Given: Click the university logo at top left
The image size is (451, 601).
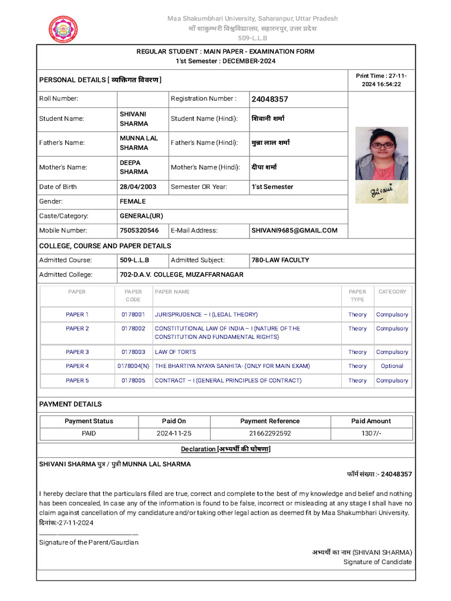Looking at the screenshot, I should pos(63,29).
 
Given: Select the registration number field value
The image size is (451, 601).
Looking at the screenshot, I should pos(270,99).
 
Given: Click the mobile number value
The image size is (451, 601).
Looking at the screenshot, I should pos(139,231).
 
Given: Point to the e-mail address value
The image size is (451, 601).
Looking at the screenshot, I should pos(294,231).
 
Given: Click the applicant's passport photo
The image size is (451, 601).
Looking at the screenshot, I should pos(381,153).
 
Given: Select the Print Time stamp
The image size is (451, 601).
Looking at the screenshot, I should pos(381,80).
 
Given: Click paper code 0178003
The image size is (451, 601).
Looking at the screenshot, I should pos(133,352).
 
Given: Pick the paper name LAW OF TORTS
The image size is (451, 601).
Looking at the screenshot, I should pos(175,352).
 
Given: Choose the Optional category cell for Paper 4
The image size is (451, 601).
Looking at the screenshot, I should pos(392,366).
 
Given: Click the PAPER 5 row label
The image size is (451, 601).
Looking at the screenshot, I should pos(77,380).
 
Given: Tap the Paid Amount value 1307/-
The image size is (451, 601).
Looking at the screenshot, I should pos(371,434).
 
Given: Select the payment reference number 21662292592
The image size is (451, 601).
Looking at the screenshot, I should pos(270,434).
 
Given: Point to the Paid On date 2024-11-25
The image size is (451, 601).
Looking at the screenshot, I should pos(174,434).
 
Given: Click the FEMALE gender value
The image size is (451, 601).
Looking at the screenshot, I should pos(133,201).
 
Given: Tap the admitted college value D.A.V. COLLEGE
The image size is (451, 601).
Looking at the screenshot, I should pos(181,275).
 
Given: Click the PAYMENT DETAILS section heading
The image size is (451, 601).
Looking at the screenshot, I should pos(70,404).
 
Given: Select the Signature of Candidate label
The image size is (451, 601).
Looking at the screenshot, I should pos(378,562).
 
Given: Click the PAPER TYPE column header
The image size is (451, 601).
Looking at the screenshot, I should pos(357,295).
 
